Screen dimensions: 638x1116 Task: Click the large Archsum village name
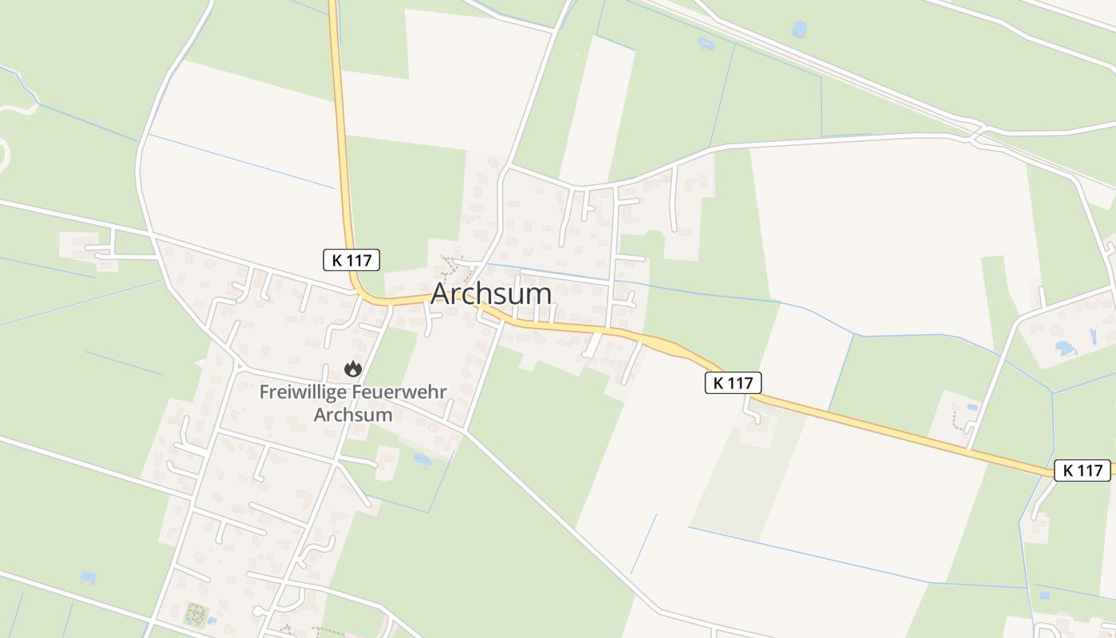pyautogui.click(x=491, y=293)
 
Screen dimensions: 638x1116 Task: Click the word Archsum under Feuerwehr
pyautogui.click(x=353, y=415)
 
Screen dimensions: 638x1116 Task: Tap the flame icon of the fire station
pyautogui.click(x=352, y=369)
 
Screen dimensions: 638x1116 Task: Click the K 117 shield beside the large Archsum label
pyautogui.click(x=352, y=259)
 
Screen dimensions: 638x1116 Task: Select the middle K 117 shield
pyautogui.click(x=733, y=383)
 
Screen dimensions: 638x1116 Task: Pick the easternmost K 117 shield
pyautogui.click(x=1083, y=471)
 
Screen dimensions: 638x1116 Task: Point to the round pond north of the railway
pyautogui.click(x=799, y=29)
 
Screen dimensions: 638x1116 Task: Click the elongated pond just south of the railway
pyautogui.click(x=706, y=43)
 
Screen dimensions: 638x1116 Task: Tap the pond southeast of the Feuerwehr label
pyautogui.click(x=422, y=459)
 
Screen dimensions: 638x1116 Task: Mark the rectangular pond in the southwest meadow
pyautogui.click(x=88, y=577)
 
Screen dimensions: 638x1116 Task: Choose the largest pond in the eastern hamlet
pyautogui.click(x=1065, y=349)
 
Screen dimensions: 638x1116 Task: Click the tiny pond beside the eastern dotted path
pyautogui.click(x=971, y=408)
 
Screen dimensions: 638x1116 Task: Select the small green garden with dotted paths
pyautogui.click(x=195, y=614)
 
